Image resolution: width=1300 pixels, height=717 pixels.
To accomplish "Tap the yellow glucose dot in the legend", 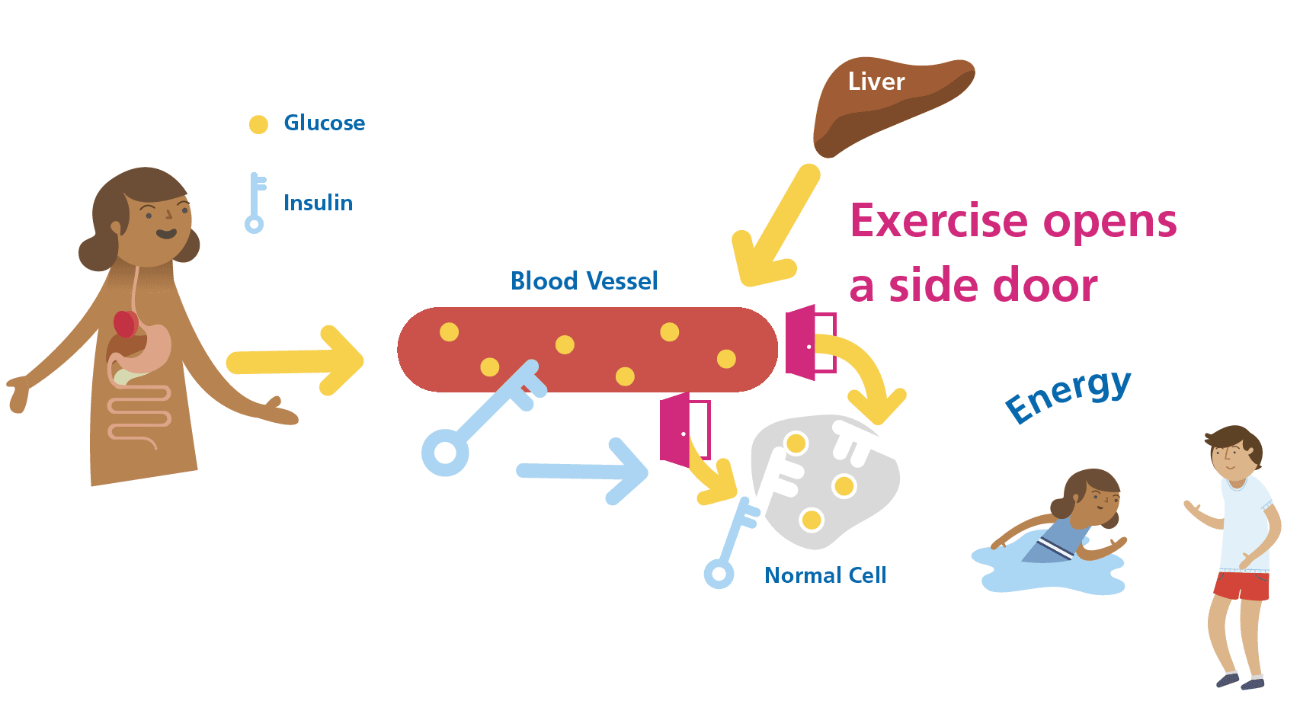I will point(258,124).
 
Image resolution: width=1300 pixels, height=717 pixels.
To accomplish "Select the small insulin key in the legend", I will point(255,203).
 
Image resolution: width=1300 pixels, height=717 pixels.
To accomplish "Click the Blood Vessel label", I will point(584,281).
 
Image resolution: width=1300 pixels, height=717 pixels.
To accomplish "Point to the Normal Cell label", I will point(825,575).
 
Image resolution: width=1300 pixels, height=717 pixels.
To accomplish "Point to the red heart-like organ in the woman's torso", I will point(125,324).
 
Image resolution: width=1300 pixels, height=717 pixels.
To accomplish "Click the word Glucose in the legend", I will point(324,123).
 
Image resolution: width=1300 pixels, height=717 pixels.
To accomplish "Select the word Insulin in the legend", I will point(318,203).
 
